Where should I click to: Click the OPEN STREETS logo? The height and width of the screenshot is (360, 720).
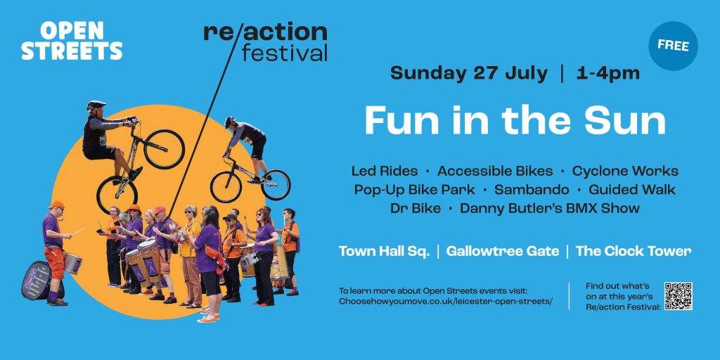point(72,40)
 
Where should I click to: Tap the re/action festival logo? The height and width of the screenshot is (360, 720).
point(265,41)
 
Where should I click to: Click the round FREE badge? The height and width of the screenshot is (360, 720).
point(673,46)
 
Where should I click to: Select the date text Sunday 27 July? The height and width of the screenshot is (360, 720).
point(469,73)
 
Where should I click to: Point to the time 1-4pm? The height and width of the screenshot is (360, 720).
point(607,73)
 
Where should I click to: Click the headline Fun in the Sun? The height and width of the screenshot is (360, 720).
point(515,121)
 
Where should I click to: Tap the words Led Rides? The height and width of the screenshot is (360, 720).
point(385,172)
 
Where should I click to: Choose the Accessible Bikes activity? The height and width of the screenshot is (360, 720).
point(495,172)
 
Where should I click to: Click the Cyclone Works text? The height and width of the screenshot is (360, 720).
point(625,172)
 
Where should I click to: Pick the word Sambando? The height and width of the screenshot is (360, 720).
point(532,190)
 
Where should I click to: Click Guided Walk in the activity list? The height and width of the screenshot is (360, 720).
point(632,190)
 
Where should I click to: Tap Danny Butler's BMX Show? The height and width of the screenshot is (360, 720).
point(550,208)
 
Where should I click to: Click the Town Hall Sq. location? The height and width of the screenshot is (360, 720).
point(385,251)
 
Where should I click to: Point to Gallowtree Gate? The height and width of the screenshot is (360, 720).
point(503,251)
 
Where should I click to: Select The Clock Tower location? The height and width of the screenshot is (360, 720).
point(634,251)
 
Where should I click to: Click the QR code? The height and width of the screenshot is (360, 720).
point(679,296)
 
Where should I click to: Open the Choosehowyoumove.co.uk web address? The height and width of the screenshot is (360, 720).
point(446,302)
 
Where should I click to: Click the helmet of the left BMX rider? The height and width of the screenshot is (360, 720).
point(96,105)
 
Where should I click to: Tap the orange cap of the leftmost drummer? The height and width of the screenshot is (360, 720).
point(56,205)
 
